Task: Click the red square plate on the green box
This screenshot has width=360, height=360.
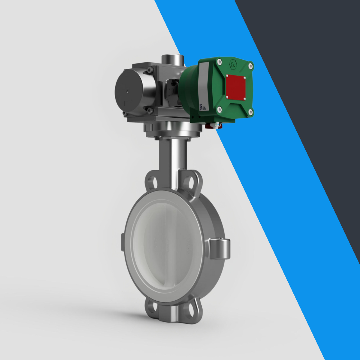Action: [x=236, y=87]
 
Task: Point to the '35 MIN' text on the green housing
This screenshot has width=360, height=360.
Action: [x=202, y=107]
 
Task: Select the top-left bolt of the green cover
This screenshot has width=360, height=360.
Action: [x=220, y=62]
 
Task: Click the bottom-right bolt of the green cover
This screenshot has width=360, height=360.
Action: [x=250, y=112]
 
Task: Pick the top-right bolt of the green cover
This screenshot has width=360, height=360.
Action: [x=251, y=66]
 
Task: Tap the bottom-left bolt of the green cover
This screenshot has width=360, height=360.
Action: [x=220, y=109]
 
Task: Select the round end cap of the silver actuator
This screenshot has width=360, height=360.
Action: [x=129, y=91]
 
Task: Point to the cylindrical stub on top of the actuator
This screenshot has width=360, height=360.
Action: [x=173, y=59]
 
